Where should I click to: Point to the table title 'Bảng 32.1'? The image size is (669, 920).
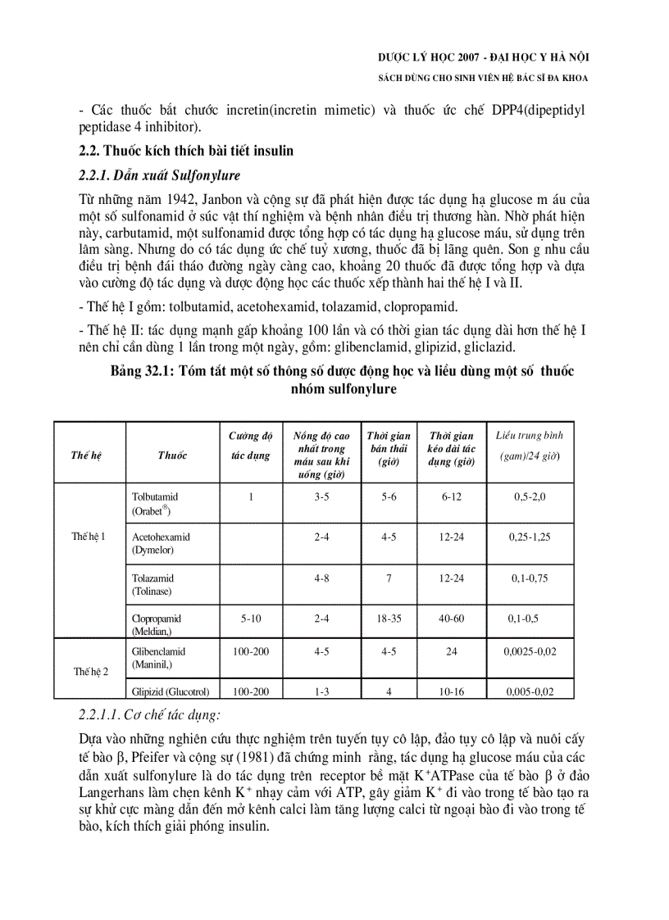(140, 371)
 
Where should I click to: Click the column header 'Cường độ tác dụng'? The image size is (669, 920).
(250, 446)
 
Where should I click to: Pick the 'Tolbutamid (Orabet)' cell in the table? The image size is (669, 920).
(155, 503)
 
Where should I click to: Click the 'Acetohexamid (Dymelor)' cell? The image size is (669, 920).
(161, 543)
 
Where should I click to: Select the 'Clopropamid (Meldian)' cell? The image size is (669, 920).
(157, 624)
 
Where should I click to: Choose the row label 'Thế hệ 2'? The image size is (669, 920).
(90, 672)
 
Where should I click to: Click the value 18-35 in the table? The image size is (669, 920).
(389, 619)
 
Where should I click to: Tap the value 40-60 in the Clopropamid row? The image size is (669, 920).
(451, 619)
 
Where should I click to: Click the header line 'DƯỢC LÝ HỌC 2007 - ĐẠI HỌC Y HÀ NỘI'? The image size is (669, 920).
(483, 57)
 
